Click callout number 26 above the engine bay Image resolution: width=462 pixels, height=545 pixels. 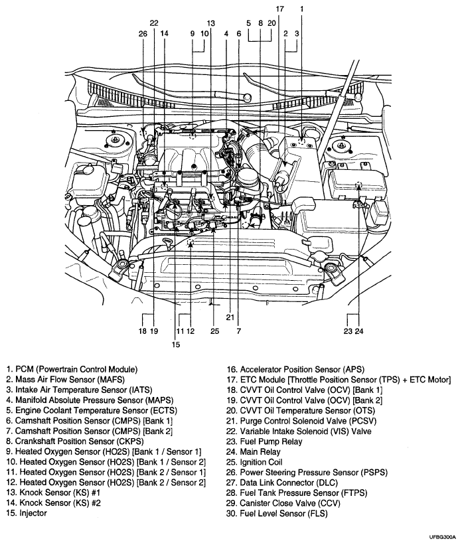click(143, 33)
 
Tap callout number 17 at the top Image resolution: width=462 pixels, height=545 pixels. click(279, 9)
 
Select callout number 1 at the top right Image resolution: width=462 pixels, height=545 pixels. click(301, 9)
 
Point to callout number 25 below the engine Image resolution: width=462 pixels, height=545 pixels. click(214, 330)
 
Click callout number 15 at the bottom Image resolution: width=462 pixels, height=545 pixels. click(176, 344)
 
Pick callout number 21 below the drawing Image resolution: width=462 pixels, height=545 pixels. click(230, 317)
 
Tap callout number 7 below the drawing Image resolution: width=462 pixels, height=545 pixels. click(237, 330)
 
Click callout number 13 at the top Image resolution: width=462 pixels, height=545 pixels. click(210, 22)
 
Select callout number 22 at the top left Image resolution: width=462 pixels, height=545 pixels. click(154, 22)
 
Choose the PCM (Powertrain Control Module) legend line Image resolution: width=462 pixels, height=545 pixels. click(72, 369)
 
